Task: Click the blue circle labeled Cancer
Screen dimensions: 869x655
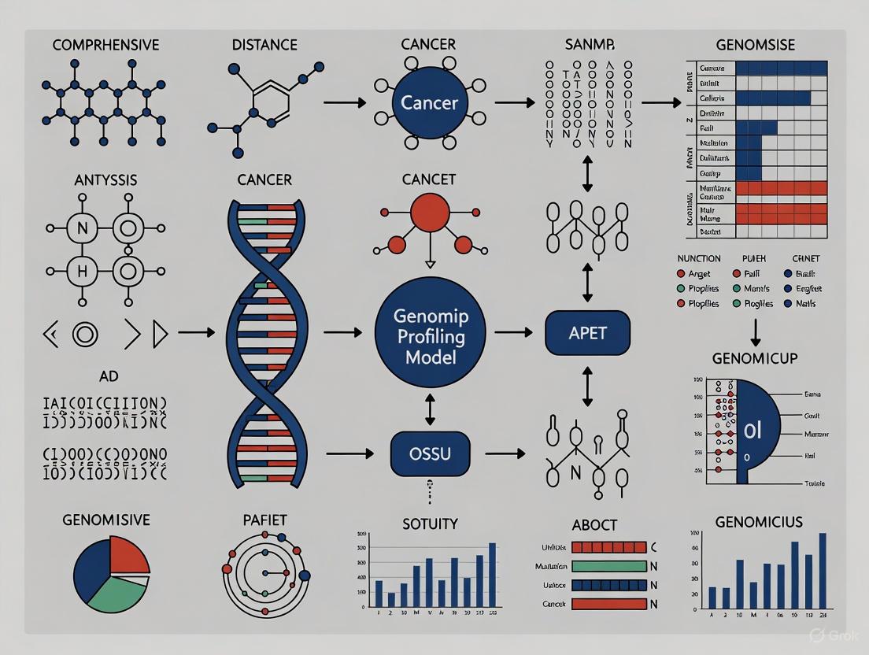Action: [430, 102]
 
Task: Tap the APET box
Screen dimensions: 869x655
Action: [587, 333]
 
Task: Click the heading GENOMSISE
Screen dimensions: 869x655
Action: [756, 45]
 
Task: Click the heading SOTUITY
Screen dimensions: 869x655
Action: [430, 524]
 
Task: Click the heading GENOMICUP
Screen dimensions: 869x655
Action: [755, 358]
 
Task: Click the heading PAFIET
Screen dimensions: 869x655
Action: [264, 520]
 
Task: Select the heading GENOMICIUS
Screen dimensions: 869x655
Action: [759, 521]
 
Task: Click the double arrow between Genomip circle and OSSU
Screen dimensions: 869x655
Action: [430, 409]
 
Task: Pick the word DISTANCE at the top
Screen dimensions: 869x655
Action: [264, 45]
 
